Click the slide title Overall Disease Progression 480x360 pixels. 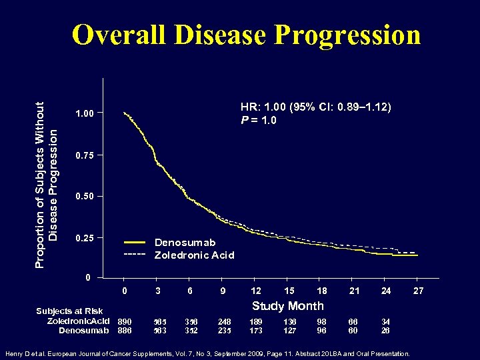(246, 35)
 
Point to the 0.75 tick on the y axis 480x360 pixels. (85, 155)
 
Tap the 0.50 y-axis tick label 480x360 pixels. (85, 197)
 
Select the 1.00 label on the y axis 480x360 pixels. (85, 114)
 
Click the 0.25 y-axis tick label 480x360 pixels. (85, 238)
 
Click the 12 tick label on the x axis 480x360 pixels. (255, 291)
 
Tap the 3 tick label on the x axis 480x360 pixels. (157, 291)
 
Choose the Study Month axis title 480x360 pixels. (287, 306)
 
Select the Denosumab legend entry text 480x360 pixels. (185, 243)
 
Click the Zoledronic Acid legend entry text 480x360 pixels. (194, 255)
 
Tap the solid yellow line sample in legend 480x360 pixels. (135, 243)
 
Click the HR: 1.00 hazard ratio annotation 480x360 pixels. (315, 107)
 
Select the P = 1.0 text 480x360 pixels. (259, 120)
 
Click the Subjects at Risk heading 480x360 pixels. (69, 311)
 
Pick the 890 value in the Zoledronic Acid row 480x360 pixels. (124, 321)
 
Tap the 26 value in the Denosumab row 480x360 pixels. (385, 330)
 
